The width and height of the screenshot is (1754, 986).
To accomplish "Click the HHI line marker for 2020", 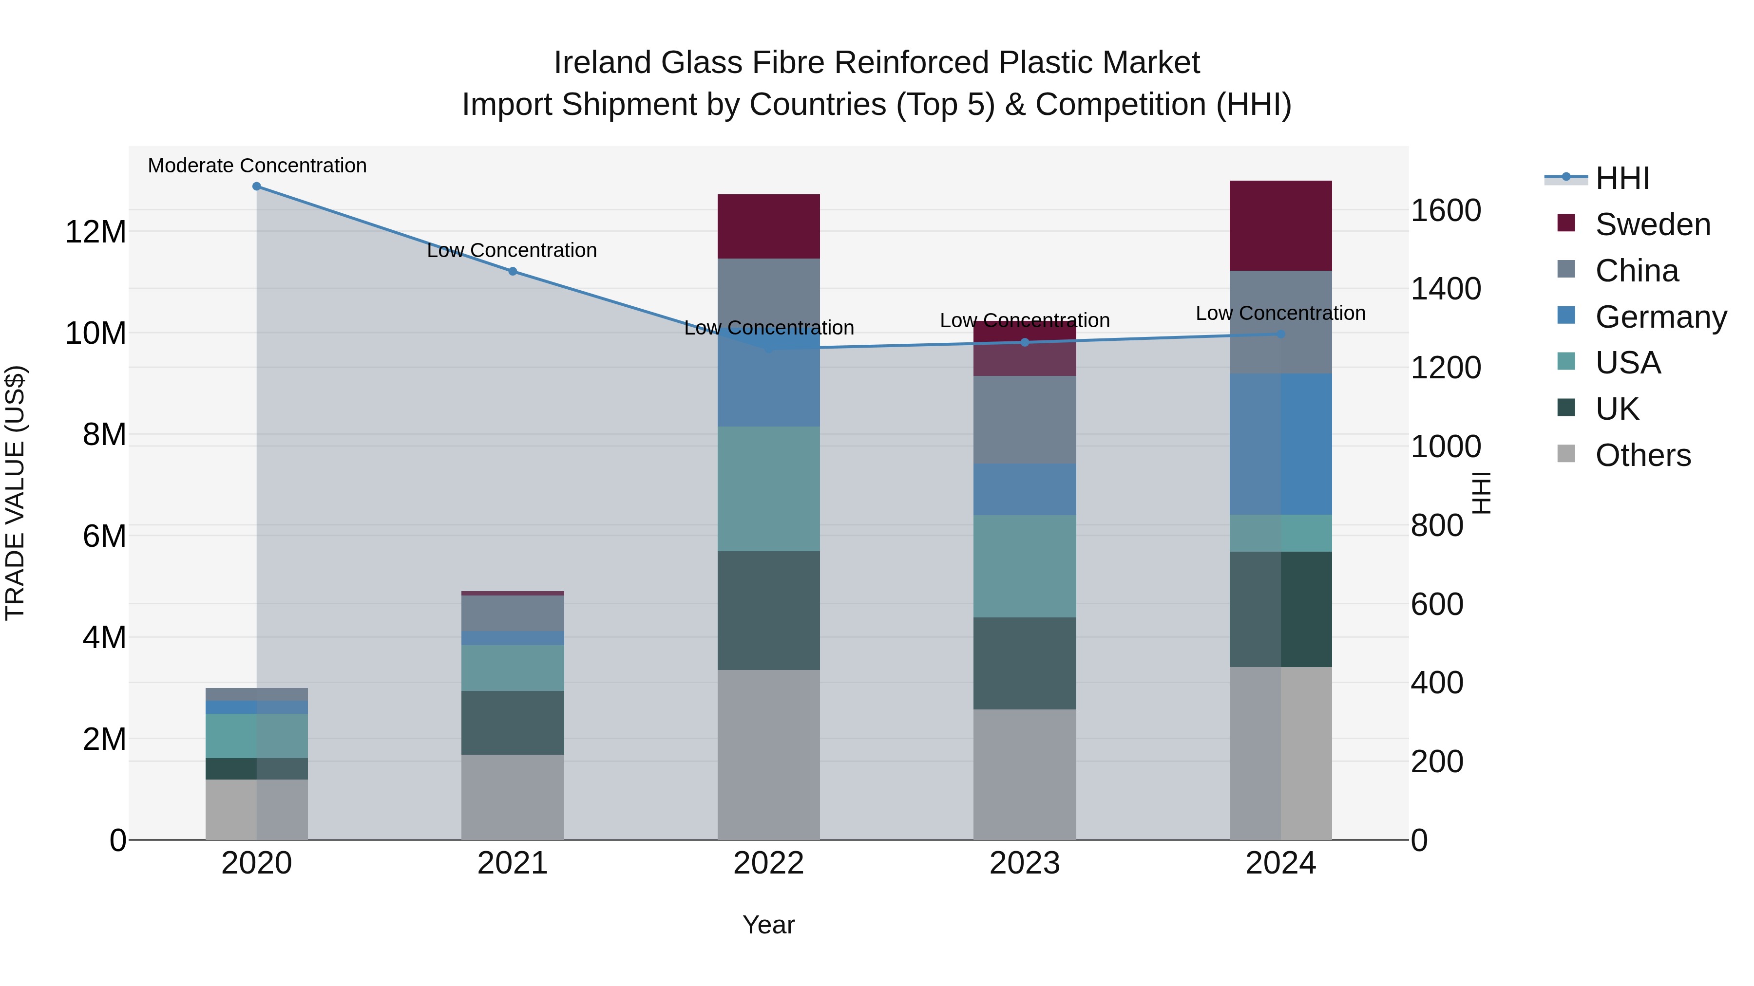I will (257, 186).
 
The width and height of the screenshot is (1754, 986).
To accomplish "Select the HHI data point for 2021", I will (513, 272).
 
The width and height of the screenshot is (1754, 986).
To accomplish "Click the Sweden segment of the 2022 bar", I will (769, 226).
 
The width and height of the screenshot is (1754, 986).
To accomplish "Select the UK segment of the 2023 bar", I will (1025, 664).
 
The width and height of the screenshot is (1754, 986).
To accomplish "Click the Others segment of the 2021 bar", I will (513, 797).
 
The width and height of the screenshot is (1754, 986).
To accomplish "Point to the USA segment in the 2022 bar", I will (769, 488).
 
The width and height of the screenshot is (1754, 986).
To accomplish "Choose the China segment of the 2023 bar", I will (1025, 420).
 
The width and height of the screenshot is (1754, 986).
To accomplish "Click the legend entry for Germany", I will (1660, 317).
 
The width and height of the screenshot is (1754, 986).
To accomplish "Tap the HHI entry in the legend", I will (1622, 178).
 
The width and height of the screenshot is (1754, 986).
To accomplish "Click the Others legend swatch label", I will (1642, 455).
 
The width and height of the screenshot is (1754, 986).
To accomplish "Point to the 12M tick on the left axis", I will (95, 232).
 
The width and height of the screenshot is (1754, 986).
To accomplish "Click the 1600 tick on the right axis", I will (1445, 210).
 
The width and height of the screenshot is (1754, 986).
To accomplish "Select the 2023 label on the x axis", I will (1025, 863).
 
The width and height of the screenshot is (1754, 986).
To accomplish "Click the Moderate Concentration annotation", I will (257, 166).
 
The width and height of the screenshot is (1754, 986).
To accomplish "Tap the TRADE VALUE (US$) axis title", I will (15, 493).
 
